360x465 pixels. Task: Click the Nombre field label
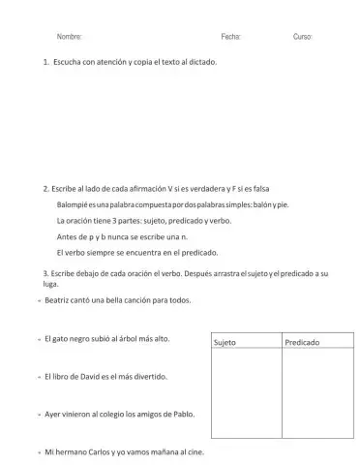coord(69,36)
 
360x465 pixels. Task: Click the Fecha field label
coord(230,36)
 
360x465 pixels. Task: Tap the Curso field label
coord(302,36)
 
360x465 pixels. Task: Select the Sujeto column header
coord(224,343)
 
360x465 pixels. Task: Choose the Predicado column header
coord(303,343)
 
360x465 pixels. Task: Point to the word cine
coord(193,451)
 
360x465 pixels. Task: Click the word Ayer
coord(54,414)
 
